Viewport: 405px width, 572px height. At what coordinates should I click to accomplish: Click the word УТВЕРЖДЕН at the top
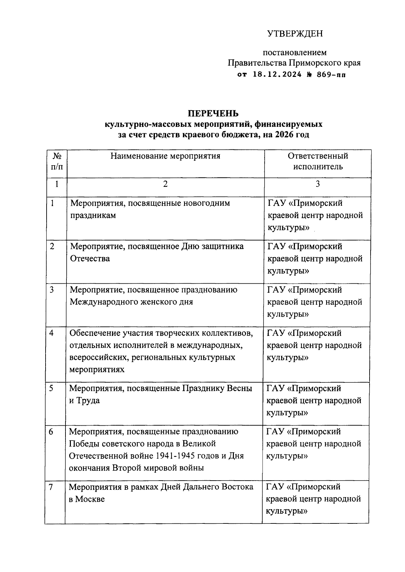tap(295, 34)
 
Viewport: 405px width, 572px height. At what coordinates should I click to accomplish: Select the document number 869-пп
tap(330, 75)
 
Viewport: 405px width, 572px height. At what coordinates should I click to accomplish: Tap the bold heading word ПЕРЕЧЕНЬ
tap(213, 113)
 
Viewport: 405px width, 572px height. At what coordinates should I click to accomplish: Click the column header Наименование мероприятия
tap(165, 156)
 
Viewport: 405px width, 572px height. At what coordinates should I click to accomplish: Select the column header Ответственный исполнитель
tap(318, 161)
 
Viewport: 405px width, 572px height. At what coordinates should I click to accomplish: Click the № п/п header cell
tap(57, 161)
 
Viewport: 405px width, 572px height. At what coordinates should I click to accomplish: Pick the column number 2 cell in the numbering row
tap(165, 184)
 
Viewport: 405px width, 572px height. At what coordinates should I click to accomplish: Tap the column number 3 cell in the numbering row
tap(318, 184)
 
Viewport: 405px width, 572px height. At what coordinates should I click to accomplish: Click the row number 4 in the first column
tap(51, 333)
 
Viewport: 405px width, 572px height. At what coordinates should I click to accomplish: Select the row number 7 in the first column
tap(51, 487)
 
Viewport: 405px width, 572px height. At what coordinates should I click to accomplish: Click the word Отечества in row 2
tap(90, 259)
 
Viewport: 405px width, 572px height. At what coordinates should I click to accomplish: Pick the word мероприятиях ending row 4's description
tap(97, 370)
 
